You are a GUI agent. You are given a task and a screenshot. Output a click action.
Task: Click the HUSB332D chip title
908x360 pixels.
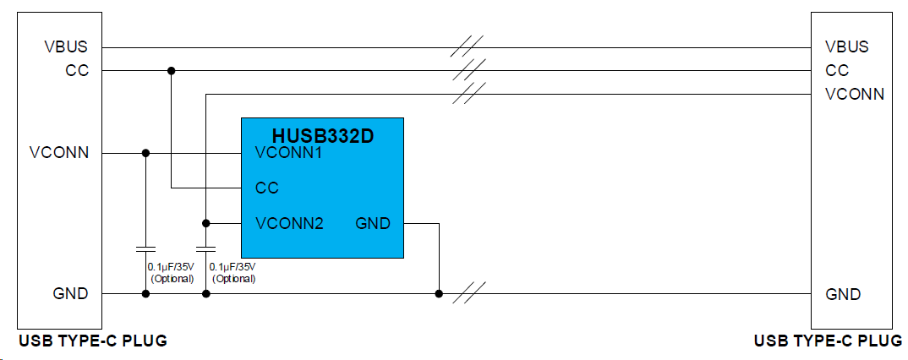pyautogui.click(x=322, y=136)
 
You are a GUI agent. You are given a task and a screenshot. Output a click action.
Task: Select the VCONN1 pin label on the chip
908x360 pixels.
pyautogui.click(x=290, y=154)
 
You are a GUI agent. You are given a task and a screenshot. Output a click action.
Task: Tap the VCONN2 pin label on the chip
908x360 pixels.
pyautogui.click(x=290, y=224)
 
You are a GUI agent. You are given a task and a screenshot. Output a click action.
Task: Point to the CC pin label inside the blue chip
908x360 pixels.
pyautogui.click(x=267, y=188)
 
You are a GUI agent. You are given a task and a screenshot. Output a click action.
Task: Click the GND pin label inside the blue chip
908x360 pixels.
pyautogui.click(x=373, y=224)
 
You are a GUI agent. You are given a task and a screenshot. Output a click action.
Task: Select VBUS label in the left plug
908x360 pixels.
pyautogui.click(x=66, y=47)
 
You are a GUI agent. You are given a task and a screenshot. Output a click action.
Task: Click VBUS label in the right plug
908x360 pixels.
pyautogui.click(x=847, y=47)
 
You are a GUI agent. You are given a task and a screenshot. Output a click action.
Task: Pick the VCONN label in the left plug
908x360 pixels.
pyautogui.click(x=59, y=154)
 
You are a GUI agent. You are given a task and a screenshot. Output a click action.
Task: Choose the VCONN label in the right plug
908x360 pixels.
pyautogui.click(x=855, y=94)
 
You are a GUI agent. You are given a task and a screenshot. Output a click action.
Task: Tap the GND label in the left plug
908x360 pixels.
pyautogui.click(x=71, y=294)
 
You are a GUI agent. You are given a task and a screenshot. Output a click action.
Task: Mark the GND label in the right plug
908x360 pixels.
pyautogui.click(x=843, y=294)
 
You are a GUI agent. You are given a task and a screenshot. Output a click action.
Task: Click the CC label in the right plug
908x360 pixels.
pyautogui.click(x=837, y=71)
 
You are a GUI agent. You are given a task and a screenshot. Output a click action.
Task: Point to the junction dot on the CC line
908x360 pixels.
pyautogui.click(x=172, y=70)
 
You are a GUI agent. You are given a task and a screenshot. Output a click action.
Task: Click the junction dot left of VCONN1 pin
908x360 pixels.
pyautogui.click(x=145, y=153)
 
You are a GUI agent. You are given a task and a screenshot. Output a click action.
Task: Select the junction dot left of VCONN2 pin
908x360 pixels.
pyautogui.click(x=205, y=223)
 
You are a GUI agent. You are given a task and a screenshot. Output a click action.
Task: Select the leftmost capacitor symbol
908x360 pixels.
pyautogui.click(x=145, y=248)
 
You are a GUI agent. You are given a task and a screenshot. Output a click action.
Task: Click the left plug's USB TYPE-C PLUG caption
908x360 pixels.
pyautogui.click(x=92, y=341)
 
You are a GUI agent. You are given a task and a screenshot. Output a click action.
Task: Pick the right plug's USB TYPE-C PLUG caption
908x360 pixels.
pyautogui.click(x=828, y=341)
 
